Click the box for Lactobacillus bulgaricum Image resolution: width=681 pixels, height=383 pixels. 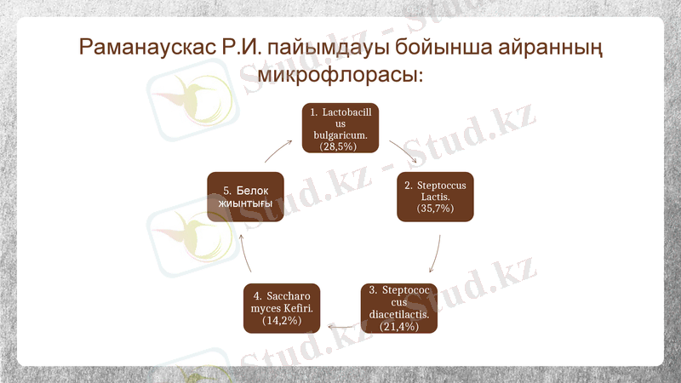pos(340,129)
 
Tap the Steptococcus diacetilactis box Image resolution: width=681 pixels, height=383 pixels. pos(399,307)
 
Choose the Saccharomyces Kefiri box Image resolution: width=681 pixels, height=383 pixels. pos(282,307)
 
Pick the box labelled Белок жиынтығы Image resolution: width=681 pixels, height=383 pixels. pos(246,197)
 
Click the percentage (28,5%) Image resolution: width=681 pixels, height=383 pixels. pos(338,147)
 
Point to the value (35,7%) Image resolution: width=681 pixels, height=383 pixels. pos(435,209)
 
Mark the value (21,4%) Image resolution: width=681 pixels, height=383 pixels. pos(399,326)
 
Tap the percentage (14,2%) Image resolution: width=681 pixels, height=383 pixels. pos(282,321)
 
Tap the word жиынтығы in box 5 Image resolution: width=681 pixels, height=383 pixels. pos(246,204)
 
